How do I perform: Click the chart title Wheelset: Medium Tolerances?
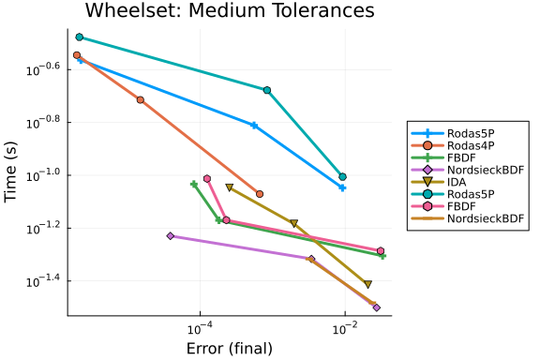230,10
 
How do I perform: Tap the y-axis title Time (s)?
10,172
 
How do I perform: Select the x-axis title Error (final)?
230,349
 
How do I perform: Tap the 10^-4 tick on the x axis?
200,328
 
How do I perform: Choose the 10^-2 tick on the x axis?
345,328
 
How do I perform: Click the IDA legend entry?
439,182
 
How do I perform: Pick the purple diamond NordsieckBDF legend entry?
467,170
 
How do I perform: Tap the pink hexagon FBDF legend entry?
443,206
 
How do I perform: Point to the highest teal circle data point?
79,37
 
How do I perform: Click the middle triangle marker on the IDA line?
293,223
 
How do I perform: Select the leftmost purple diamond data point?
171,236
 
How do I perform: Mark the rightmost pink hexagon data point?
381,251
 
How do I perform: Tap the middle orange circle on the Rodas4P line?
141,100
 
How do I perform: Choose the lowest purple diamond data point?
377,307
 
